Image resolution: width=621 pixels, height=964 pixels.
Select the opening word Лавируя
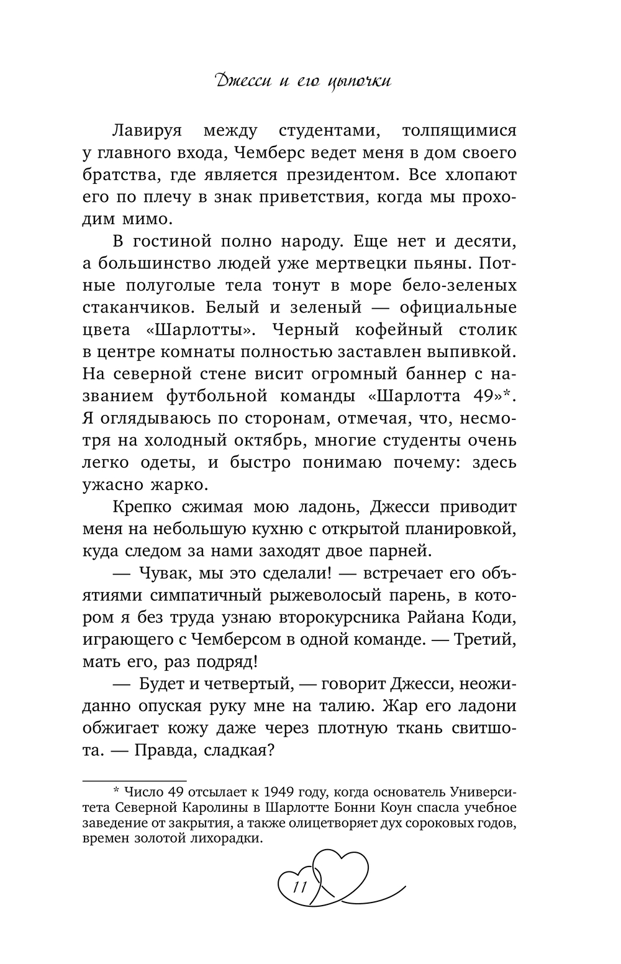150,131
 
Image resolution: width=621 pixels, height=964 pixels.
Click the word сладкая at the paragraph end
235,750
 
